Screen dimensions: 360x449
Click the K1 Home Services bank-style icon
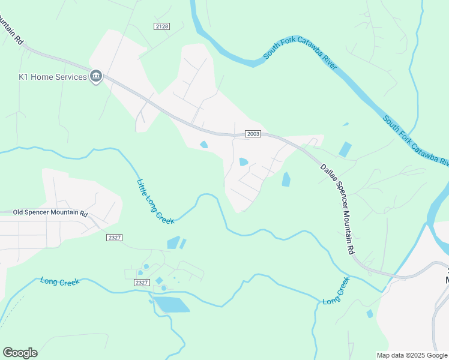96,76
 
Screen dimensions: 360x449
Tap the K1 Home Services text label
52,77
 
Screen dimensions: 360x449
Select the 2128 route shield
161,26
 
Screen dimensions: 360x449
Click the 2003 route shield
253,134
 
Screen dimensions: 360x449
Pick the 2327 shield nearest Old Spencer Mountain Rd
115,238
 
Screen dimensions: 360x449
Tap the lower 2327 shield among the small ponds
142,283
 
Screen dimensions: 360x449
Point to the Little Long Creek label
155,202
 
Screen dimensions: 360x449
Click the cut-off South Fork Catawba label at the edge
416,142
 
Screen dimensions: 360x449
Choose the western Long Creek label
59,281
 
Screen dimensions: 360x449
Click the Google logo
20,352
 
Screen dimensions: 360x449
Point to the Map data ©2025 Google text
412,355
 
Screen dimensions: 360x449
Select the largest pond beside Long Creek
171,305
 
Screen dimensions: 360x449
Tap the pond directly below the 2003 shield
244,161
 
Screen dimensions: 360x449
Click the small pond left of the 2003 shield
203,144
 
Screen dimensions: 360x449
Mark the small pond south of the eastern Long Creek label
370,313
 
